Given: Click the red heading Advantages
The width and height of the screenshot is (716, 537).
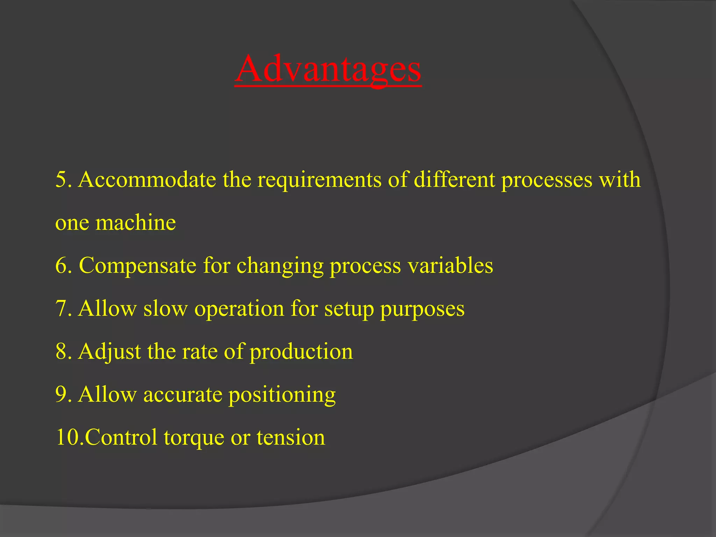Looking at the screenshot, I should (328, 69).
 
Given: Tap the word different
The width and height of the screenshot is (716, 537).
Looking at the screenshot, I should (455, 180).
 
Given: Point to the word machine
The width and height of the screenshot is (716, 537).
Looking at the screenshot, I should (136, 223).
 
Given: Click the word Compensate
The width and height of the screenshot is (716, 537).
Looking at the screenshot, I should (138, 266).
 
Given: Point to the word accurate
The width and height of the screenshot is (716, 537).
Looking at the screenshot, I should (183, 395).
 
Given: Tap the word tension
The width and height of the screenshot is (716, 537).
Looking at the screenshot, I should (291, 438).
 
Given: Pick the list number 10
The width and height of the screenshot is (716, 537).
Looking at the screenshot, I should (68, 438).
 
